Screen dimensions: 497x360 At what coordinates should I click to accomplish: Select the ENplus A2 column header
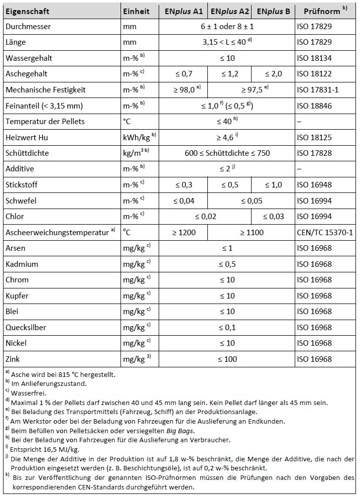click(229, 11)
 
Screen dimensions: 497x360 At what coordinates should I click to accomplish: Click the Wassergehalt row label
click(29, 58)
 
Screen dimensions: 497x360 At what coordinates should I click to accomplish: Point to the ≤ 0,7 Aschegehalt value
click(184, 74)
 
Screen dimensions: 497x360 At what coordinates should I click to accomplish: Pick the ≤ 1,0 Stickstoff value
click(273, 185)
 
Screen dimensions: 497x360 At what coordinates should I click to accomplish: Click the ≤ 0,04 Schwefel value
click(184, 201)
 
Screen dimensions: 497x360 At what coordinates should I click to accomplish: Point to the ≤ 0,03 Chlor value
click(273, 217)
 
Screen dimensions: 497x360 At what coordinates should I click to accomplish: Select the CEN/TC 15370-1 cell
click(325, 233)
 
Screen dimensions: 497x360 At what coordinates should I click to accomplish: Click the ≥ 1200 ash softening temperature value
click(184, 233)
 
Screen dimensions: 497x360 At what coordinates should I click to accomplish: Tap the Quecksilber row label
click(26, 328)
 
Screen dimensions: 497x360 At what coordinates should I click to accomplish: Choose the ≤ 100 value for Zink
click(227, 359)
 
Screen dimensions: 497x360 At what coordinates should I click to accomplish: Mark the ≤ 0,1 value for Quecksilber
click(227, 328)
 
